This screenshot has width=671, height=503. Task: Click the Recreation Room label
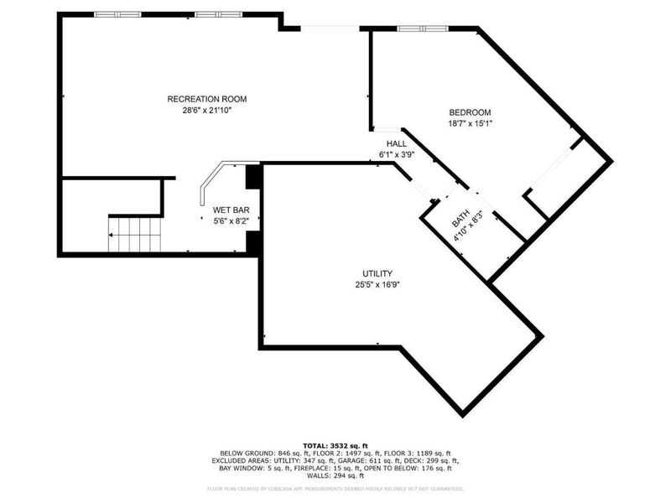[x=207, y=99]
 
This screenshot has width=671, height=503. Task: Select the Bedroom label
[x=470, y=112]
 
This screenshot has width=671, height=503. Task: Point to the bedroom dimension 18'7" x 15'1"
[x=470, y=123]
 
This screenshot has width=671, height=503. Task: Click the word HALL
[x=397, y=144]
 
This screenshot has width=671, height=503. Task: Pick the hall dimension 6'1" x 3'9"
[x=397, y=155]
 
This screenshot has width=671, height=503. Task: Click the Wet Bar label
[x=231, y=210]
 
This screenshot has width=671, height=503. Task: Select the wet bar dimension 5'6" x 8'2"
[x=231, y=220]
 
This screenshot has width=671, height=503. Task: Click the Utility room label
[x=377, y=273]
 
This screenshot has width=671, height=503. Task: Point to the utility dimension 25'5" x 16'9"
[x=377, y=284]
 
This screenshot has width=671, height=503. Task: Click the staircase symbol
[x=134, y=234]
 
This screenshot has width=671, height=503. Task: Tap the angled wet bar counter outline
[x=210, y=181]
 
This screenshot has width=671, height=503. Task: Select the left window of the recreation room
[x=117, y=14]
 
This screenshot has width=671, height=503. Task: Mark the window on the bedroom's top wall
[x=423, y=29]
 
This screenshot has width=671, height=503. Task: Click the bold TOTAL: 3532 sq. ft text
[x=335, y=444]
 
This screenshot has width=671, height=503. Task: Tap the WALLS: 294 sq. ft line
[x=335, y=475]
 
